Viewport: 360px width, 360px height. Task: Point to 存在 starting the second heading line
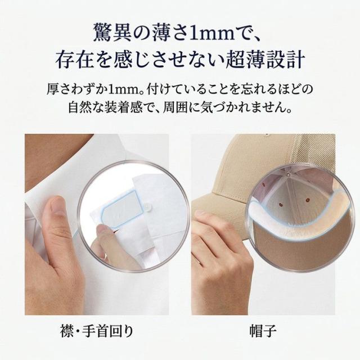[x=72, y=58]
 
